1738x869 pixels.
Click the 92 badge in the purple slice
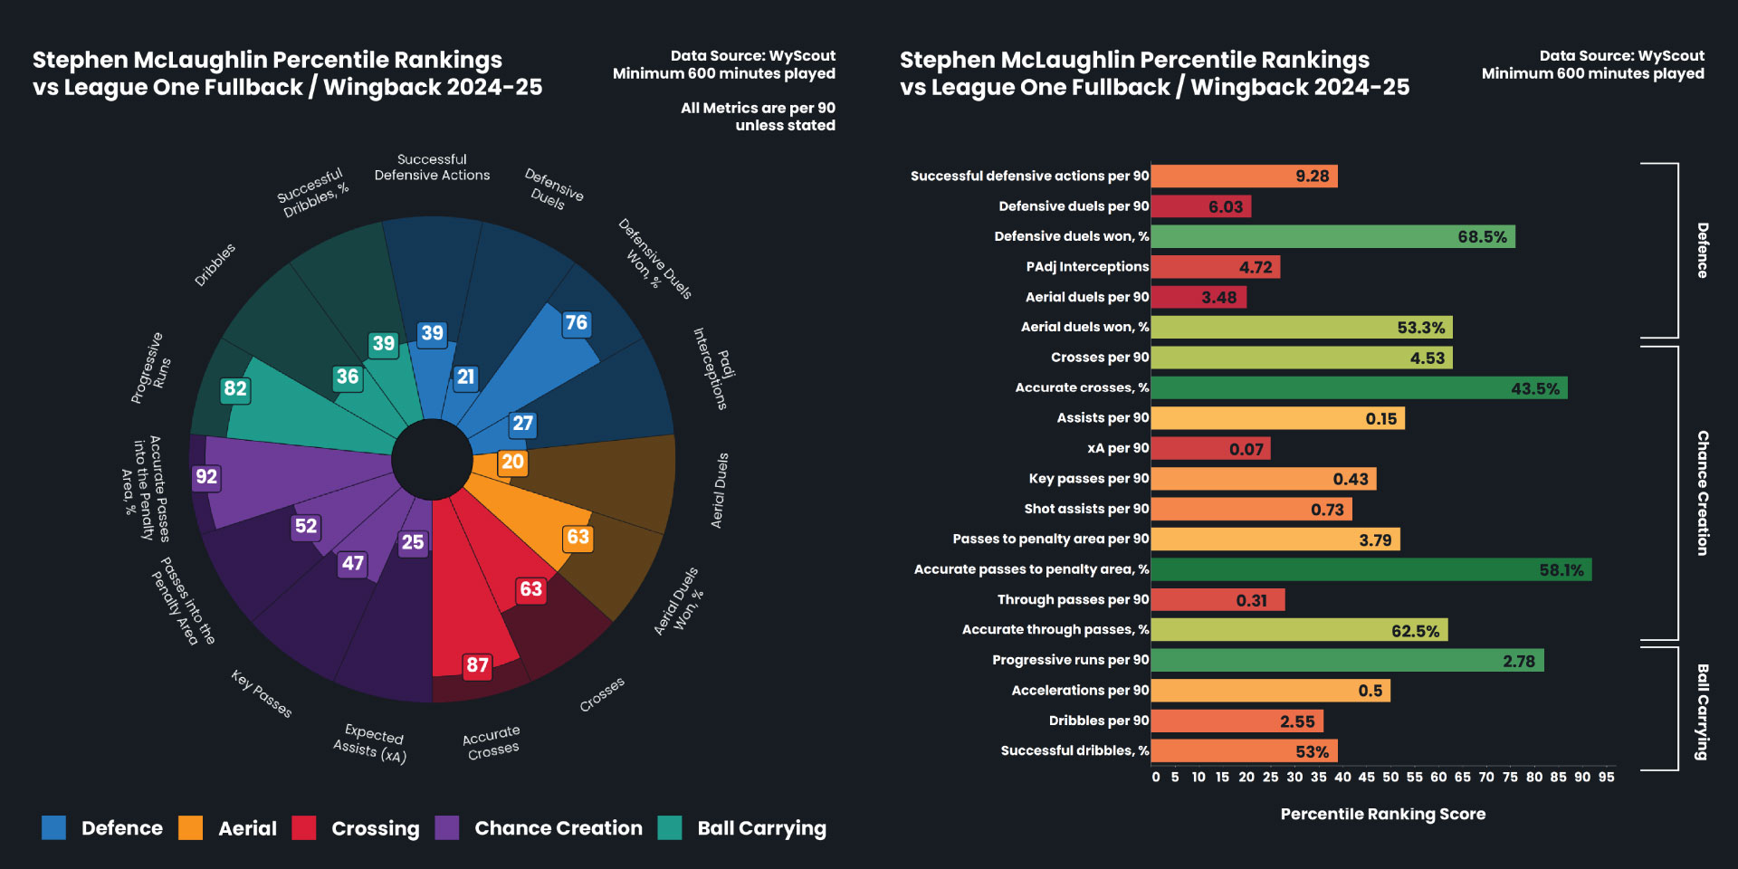206,477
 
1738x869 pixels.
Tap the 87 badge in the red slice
477,665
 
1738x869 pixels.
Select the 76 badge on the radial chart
576,323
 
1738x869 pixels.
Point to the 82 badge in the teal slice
235,389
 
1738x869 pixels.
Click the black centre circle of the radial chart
432,459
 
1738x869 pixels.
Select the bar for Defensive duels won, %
1332,237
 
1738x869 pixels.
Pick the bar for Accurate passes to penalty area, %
1370,569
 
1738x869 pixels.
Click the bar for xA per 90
1210,449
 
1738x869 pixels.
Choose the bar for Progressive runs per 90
1347,661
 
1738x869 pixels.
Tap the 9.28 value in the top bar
1312,177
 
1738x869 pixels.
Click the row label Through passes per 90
1073,600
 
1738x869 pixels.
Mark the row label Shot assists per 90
1086,509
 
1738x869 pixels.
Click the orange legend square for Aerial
191,828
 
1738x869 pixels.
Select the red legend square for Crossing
304,828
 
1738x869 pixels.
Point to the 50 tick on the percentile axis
1390,778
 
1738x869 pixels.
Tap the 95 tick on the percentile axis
1606,778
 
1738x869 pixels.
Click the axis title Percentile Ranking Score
1382,815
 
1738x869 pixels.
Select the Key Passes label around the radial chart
262,694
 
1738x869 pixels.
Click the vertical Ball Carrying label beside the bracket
1703,712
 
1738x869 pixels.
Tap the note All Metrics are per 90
758,109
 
